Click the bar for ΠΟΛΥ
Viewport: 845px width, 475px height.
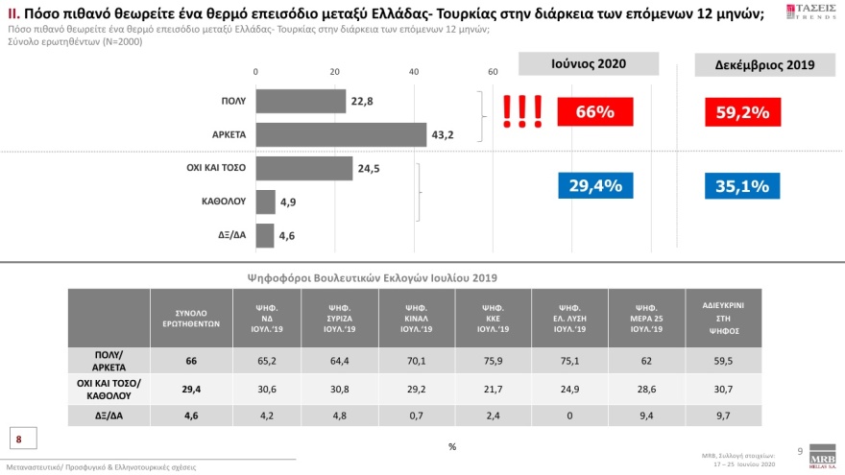(301, 101)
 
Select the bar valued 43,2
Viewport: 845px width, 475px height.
(341, 134)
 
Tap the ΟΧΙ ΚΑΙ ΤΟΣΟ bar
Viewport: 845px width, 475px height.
(304, 168)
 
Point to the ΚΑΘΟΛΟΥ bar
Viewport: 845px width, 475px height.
(265, 202)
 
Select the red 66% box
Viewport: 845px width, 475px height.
(594, 112)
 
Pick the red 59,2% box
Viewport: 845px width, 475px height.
(742, 112)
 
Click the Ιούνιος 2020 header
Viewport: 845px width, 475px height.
(589, 63)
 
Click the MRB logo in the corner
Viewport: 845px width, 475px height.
(823, 455)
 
